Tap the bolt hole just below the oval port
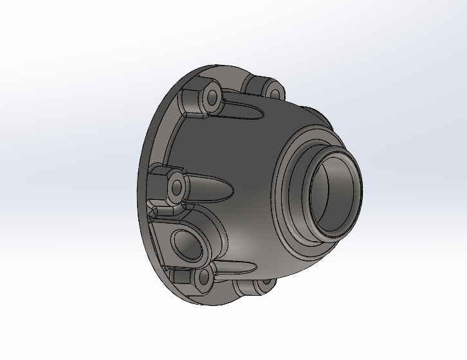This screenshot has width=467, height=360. click(x=205, y=278)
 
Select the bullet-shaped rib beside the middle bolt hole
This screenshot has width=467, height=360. click(x=209, y=188)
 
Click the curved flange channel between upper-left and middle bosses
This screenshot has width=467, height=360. click(x=169, y=141)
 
